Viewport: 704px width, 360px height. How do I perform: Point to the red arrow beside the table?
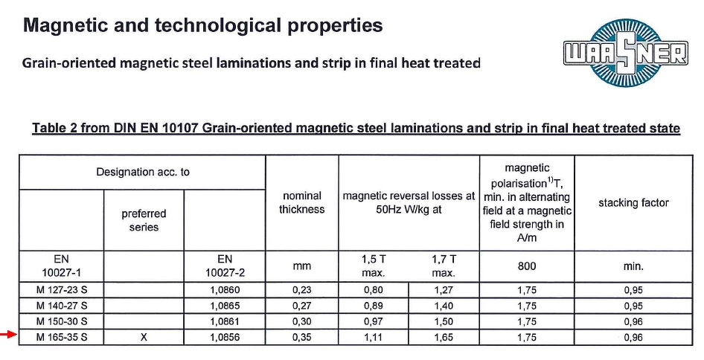coord(8,337)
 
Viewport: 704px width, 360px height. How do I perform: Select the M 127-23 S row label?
coord(62,290)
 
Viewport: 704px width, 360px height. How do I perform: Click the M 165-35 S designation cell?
coord(62,338)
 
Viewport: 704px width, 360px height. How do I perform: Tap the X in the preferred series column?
coord(144,338)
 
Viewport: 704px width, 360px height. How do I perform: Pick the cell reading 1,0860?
coord(225,290)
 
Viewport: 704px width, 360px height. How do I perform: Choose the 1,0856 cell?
coord(225,338)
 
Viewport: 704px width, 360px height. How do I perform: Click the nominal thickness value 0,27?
coord(301,306)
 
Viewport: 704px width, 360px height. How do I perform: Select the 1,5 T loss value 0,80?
coord(374,290)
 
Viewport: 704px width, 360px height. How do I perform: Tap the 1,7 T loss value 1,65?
coord(444,338)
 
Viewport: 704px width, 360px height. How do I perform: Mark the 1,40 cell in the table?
coord(444,306)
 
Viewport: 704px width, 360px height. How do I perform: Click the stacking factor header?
coord(633,202)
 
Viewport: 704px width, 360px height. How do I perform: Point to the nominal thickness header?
coord(301,202)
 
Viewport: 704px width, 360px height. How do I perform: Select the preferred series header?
coord(144,220)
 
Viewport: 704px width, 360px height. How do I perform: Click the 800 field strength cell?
coord(527,266)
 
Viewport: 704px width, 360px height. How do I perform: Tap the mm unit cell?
coord(301,266)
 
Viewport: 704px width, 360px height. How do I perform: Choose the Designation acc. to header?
coord(143,172)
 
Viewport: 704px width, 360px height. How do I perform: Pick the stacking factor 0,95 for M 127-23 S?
coord(633,290)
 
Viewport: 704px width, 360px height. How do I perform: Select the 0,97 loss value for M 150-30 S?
coord(374,321)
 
